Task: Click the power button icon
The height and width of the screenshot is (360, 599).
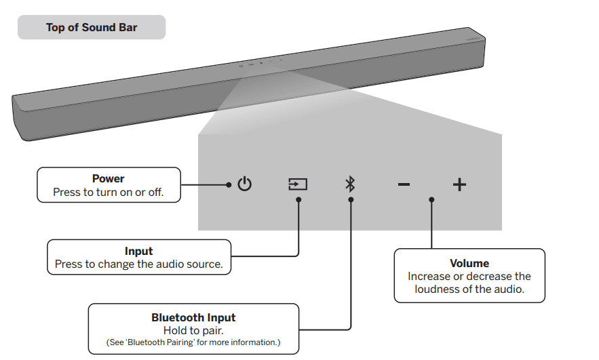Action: coord(245,184)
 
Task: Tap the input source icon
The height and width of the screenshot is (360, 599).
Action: coord(298,184)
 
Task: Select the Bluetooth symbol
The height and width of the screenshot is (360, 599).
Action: coord(350,184)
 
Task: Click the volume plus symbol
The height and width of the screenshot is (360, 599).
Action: coord(459,184)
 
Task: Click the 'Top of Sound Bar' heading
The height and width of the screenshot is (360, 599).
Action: coord(92,28)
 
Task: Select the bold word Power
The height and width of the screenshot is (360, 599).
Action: coord(109,179)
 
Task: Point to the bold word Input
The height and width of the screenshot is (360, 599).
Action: coord(138,252)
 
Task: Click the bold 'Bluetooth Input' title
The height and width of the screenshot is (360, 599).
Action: coord(193,317)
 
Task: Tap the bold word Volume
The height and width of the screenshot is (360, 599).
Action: coord(469,263)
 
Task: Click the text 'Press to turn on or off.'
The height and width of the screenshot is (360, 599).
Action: coord(109,193)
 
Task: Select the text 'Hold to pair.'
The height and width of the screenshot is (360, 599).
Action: coord(193,330)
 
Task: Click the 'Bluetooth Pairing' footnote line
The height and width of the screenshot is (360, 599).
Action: coord(193,342)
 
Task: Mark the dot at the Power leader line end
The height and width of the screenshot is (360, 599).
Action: coord(229,184)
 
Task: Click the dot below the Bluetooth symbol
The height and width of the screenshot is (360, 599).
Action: coord(351,199)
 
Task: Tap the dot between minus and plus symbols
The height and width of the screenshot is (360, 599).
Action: coord(431,199)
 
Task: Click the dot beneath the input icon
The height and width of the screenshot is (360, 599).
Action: coord(298,199)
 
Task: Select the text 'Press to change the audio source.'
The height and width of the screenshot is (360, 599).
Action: coord(138,264)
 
